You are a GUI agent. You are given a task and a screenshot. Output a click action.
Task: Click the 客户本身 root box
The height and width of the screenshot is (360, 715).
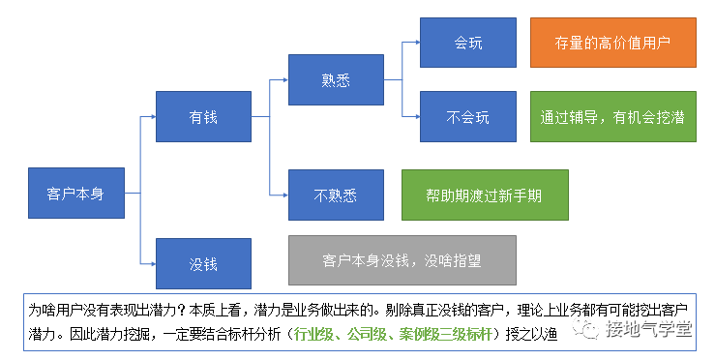(74, 193)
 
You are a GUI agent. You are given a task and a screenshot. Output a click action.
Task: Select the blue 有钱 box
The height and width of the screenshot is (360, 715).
(202, 117)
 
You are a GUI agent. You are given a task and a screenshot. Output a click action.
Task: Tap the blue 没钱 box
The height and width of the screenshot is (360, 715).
(202, 262)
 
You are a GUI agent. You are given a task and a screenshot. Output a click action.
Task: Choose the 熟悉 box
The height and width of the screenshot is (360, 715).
(336, 79)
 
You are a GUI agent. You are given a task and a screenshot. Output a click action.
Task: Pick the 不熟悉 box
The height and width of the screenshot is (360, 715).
(336, 195)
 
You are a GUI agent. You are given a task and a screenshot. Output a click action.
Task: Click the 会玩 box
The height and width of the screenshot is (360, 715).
(468, 42)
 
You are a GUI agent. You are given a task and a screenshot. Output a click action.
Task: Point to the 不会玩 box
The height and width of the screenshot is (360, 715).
(468, 117)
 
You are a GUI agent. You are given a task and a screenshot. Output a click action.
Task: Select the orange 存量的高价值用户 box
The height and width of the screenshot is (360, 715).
(612, 42)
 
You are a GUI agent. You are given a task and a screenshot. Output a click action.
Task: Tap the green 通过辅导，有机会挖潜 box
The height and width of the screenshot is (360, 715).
(612, 117)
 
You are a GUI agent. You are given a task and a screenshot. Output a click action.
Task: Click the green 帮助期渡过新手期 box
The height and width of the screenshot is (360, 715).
(484, 195)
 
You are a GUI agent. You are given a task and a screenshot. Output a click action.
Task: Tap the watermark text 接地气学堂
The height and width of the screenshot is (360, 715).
(648, 331)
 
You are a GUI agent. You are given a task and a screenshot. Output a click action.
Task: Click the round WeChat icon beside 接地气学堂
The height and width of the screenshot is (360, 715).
(587, 331)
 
